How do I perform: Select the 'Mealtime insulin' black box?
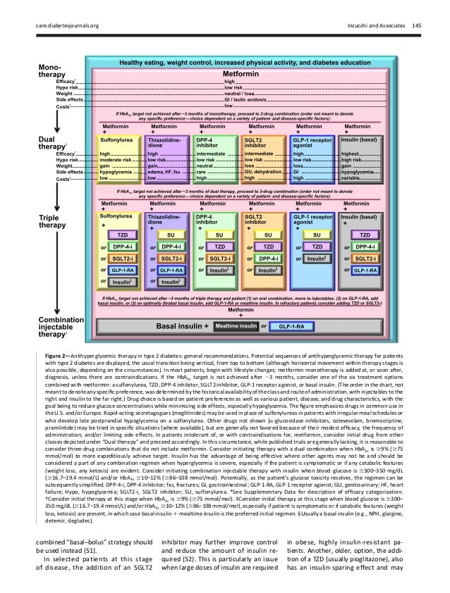pyautogui.click(x=235, y=327)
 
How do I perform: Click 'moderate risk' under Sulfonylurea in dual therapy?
pyautogui.click(x=116, y=158)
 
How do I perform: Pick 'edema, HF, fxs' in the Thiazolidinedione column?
pyautogui.click(x=166, y=171)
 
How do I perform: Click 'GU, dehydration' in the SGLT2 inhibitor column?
pyautogui.click(x=261, y=171)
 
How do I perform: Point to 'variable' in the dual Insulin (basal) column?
pyautogui.click(x=352, y=177)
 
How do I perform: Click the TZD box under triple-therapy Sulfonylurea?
pyautogui.click(x=121, y=234)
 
